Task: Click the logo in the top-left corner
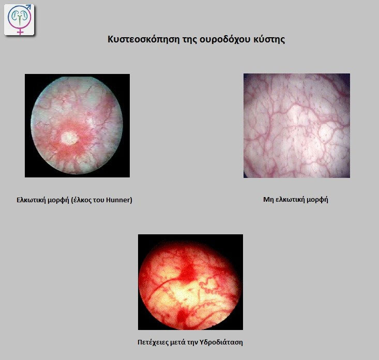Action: pyautogui.click(x=19, y=20)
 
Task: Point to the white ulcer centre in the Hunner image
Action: pyautogui.click(x=69, y=138)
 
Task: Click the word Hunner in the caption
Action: pyautogui.click(x=118, y=200)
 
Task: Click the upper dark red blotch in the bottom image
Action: pyautogui.click(x=187, y=272)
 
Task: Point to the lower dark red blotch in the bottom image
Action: pyautogui.click(x=182, y=316)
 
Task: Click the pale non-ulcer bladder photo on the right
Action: pyautogui.click(x=297, y=126)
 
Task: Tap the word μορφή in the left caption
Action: pyautogui.click(x=58, y=200)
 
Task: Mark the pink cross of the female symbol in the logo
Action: pyautogui.click(x=20, y=31)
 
